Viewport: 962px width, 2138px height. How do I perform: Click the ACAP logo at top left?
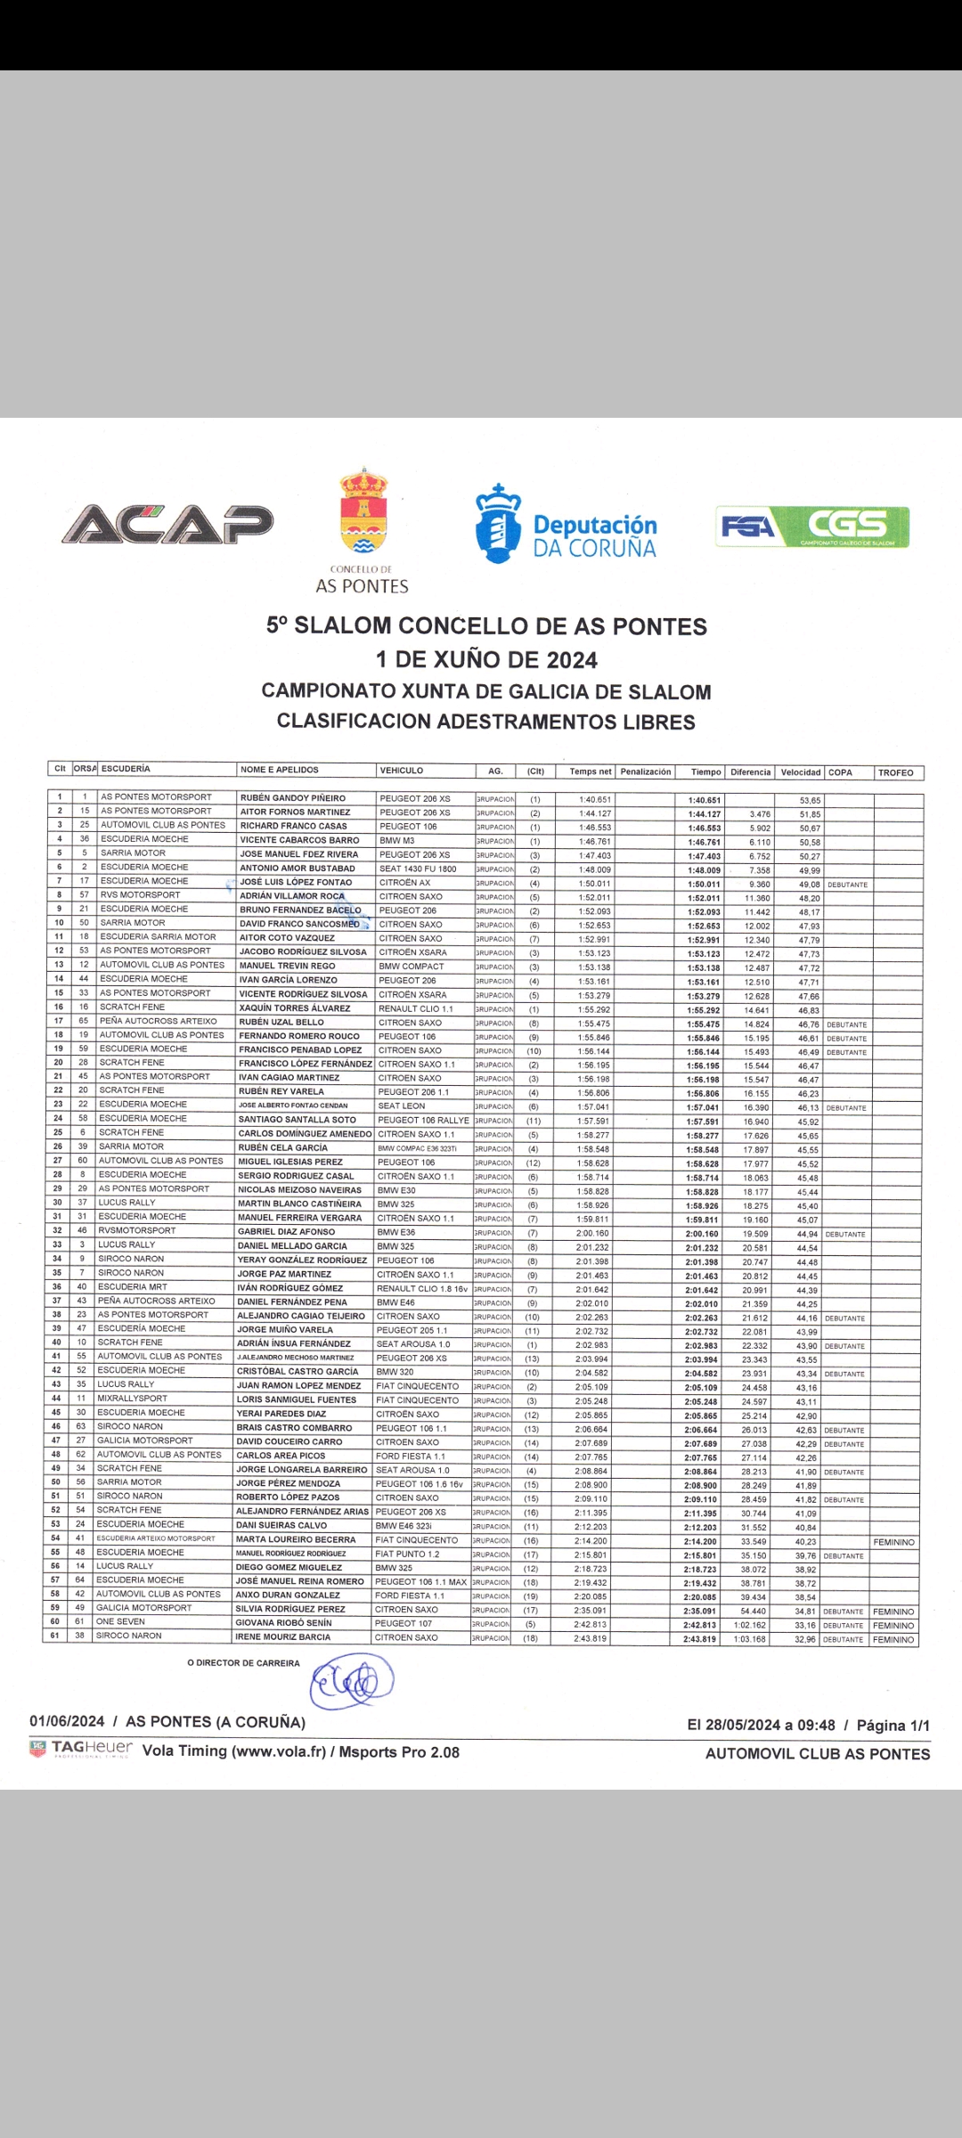click(x=167, y=525)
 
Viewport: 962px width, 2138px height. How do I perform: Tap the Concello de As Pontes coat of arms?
click(x=363, y=512)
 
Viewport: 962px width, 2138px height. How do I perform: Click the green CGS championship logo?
click(x=812, y=526)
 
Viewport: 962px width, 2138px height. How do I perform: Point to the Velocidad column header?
click(x=800, y=772)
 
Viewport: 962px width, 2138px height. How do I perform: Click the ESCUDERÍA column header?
click(x=126, y=769)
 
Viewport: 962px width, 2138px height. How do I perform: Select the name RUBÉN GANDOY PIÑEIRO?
click(x=293, y=798)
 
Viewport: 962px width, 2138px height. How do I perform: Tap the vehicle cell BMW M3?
click(x=396, y=840)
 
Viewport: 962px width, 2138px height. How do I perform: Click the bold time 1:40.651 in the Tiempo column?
click(x=704, y=800)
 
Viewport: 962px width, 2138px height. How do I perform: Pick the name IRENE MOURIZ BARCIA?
click(x=282, y=1636)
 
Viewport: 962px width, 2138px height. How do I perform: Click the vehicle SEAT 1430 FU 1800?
click(x=418, y=869)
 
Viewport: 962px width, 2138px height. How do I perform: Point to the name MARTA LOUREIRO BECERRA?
click(x=296, y=1539)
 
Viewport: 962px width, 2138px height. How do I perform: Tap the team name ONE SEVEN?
click(x=120, y=1621)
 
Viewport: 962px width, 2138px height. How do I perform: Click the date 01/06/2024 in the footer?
click(x=67, y=1722)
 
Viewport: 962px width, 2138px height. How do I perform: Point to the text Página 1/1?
click(x=893, y=1726)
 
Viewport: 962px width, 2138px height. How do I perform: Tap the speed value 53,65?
click(x=810, y=801)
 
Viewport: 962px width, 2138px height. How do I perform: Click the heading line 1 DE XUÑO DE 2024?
click(x=486, y=660)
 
